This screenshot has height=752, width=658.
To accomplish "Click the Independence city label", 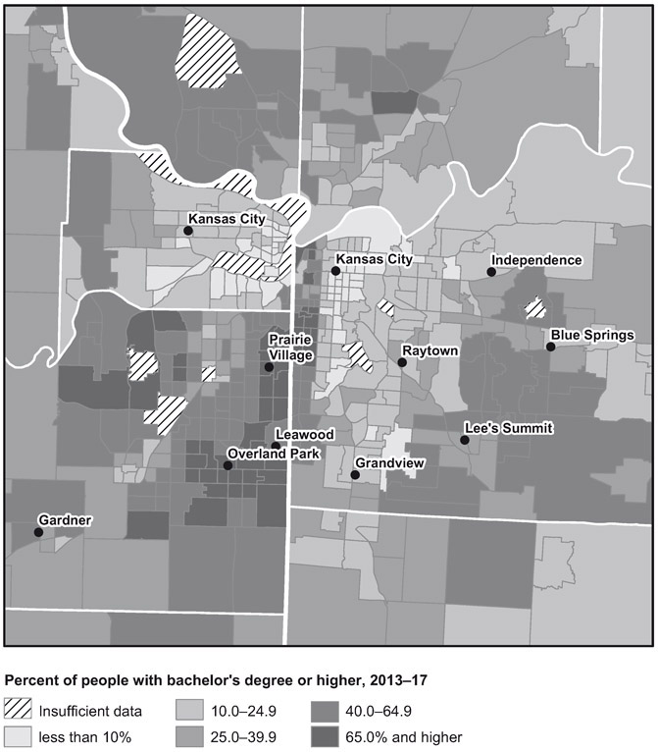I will coord(536,260).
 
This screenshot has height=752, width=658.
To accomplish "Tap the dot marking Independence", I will coord(491,271).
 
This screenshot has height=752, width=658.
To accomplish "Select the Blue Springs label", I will coord(592,335).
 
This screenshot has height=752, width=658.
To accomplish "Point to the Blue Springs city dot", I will coord(551,347).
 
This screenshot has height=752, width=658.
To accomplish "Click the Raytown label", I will coord(430,349).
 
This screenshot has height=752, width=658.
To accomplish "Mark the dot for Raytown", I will coord(402,362).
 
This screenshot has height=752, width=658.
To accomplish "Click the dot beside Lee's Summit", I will coord(465,440).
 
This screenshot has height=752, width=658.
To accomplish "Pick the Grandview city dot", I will coord(355,475).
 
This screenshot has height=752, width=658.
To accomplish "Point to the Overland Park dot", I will coord(228,465).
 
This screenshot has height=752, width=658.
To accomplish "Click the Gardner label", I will coord(66,518).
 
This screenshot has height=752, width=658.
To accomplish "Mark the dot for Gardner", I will coord(38,532).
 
